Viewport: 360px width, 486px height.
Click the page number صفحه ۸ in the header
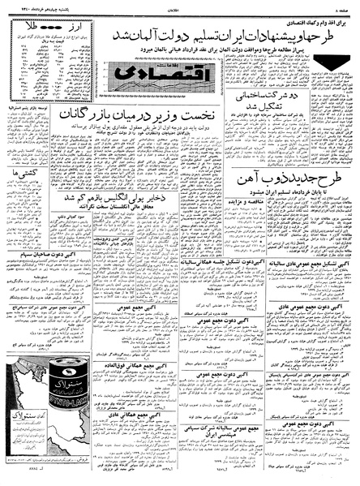pyautogui.click(x=344, y=6)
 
